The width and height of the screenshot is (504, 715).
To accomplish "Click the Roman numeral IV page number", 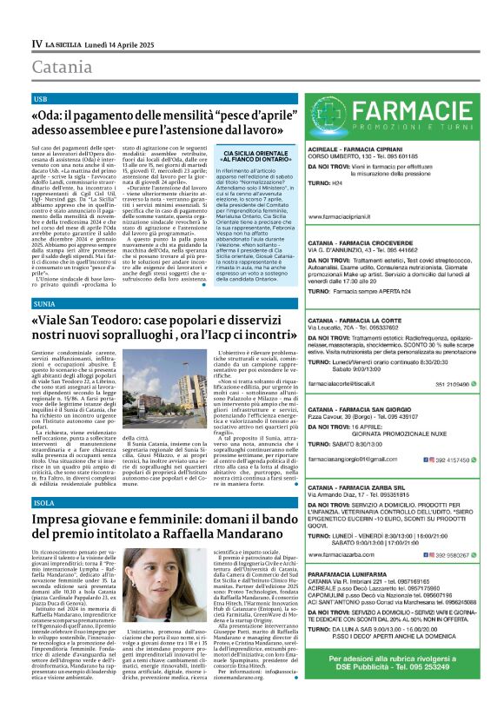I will click(x=36, y=42).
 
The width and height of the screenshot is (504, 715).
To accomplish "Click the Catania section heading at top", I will click(x=63, y=67).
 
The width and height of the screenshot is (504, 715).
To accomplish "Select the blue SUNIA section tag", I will click(x=43, y=304).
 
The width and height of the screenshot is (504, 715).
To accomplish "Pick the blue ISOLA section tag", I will click(x=43, y=503).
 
